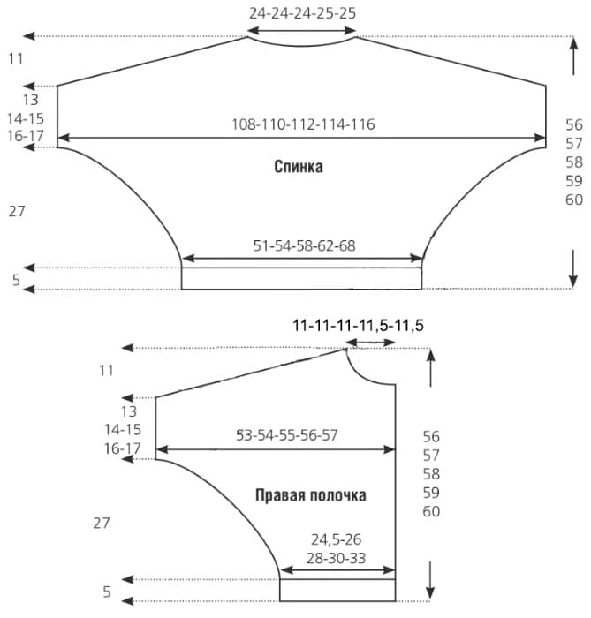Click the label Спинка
299,166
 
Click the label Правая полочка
311,495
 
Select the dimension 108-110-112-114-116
303,124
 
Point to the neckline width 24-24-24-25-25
302,13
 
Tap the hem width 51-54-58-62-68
305,245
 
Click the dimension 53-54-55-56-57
286,434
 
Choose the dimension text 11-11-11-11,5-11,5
358,326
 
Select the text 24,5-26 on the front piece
336,539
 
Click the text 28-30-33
336,558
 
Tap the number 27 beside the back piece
17,212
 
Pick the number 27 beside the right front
102,523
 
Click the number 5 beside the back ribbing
16,280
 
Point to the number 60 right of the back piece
574,200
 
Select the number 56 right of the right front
431,436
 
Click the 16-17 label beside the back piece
26,136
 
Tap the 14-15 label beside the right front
123,429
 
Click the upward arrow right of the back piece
574,56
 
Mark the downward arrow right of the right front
430,580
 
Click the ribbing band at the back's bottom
301,279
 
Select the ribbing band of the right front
337,590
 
